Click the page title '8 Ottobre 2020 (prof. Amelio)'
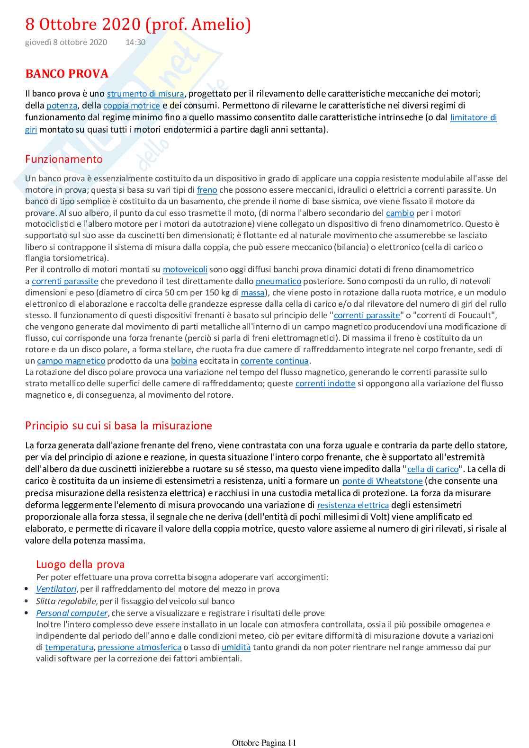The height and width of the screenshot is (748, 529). (x=138, y=24)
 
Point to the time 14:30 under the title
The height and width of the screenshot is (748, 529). (x=135, y=42)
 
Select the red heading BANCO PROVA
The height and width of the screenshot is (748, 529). (x=67, y=74)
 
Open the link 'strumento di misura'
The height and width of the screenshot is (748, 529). (x=145, y=94)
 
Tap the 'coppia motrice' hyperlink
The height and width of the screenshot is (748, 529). (x=131, y=106)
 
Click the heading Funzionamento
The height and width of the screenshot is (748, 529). (x=64, y=159)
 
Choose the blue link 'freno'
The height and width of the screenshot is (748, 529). (x=207, y=190)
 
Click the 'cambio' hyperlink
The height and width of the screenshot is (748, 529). (x=400, y=213)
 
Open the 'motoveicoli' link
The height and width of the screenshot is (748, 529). (x=185, y=269)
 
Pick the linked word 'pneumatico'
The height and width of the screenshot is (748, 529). (x=278, y=281)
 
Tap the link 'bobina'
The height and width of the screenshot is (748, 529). (x=184, y=361)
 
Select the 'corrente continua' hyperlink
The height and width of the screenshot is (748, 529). (x=275, y=361)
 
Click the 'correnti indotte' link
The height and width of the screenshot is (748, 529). (x=325, y=383)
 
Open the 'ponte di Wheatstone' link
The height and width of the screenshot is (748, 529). (x=382, y=481)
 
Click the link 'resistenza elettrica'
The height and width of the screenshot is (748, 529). (x=353, y=505)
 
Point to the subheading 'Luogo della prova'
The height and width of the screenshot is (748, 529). (x=81, y=564)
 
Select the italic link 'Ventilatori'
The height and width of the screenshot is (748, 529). (x=56, y=589)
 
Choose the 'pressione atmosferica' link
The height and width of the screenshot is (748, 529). (x=139, y=647)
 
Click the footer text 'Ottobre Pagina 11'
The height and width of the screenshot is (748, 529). (x=264, y=742)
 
